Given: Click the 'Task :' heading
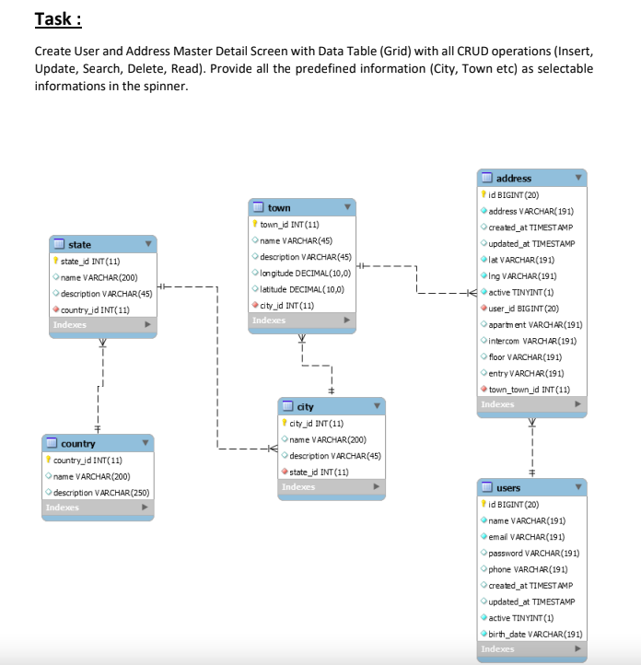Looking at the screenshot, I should [59, 18].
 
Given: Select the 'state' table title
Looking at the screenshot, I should [80, 244].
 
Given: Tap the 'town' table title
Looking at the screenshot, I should [279, 208].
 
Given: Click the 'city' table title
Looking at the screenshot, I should [305, 406].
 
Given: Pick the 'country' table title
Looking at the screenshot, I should [77, 443].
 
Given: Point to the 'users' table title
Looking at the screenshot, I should [508, 487].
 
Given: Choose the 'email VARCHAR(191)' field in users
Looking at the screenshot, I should [526, 536].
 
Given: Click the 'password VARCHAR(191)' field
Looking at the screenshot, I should [533, 553].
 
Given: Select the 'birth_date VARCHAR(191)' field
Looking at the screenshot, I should [535, 634].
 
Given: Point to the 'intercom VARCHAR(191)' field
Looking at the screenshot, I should [532, 341].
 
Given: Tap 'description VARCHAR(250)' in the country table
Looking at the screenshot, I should [101, 493].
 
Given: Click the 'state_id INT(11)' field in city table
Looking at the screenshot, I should [320, 472].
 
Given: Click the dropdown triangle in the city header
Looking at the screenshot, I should [377, 406].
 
